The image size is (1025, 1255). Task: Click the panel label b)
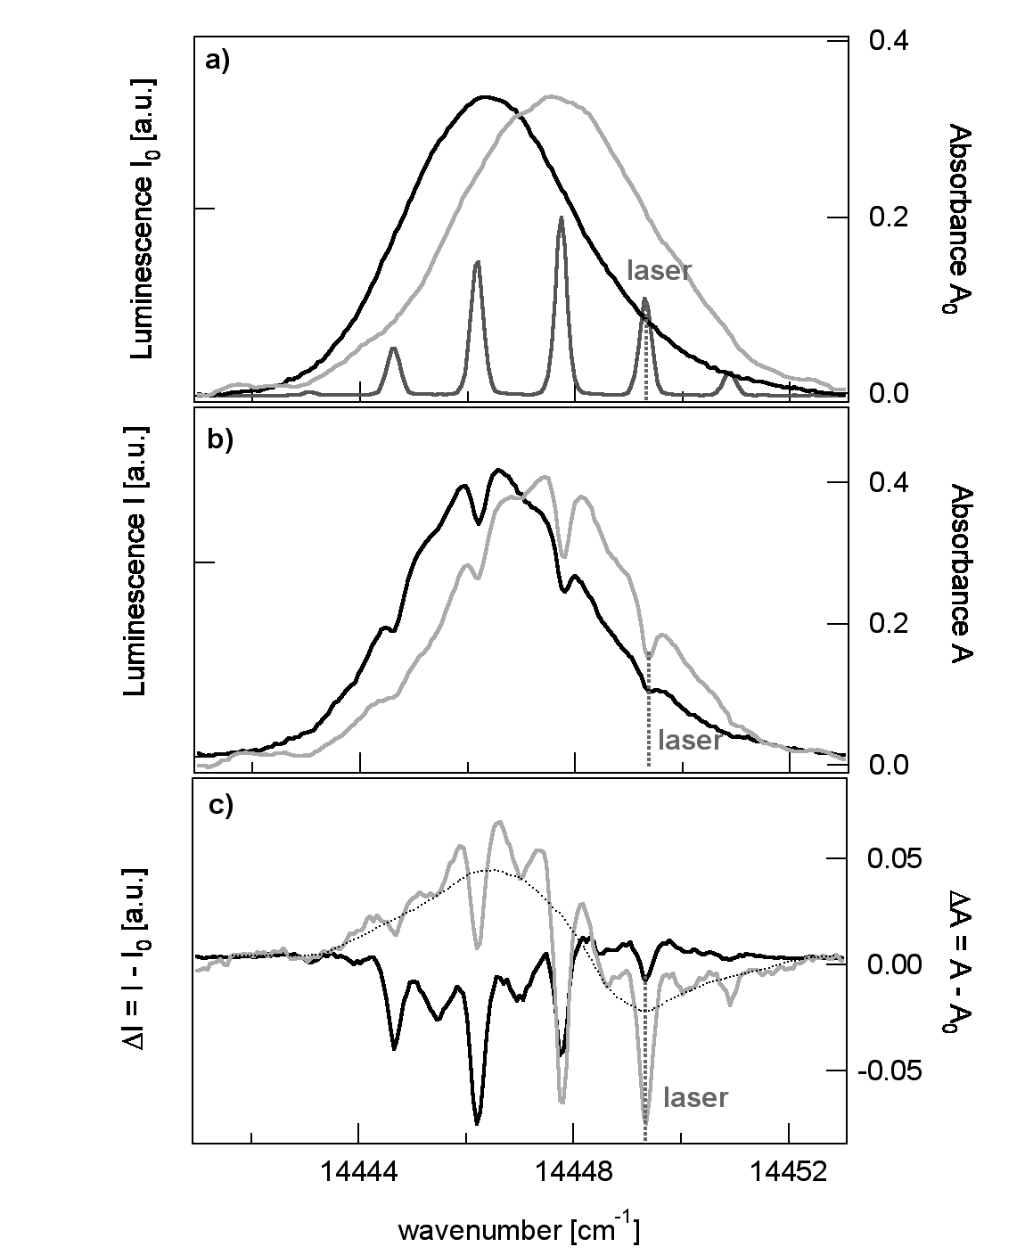tap(219, 440)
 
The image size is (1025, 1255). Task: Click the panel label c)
tap(219, 805)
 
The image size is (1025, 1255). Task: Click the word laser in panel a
tap(660, 271)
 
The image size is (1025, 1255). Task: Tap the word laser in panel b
tap(689, 741)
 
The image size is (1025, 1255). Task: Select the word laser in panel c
tap(695, 1097)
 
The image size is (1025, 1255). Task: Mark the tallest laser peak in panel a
tap(561, 217)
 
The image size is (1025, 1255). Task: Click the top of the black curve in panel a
tap(485, 96)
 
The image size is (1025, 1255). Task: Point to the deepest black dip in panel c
tap(478, 1121)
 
